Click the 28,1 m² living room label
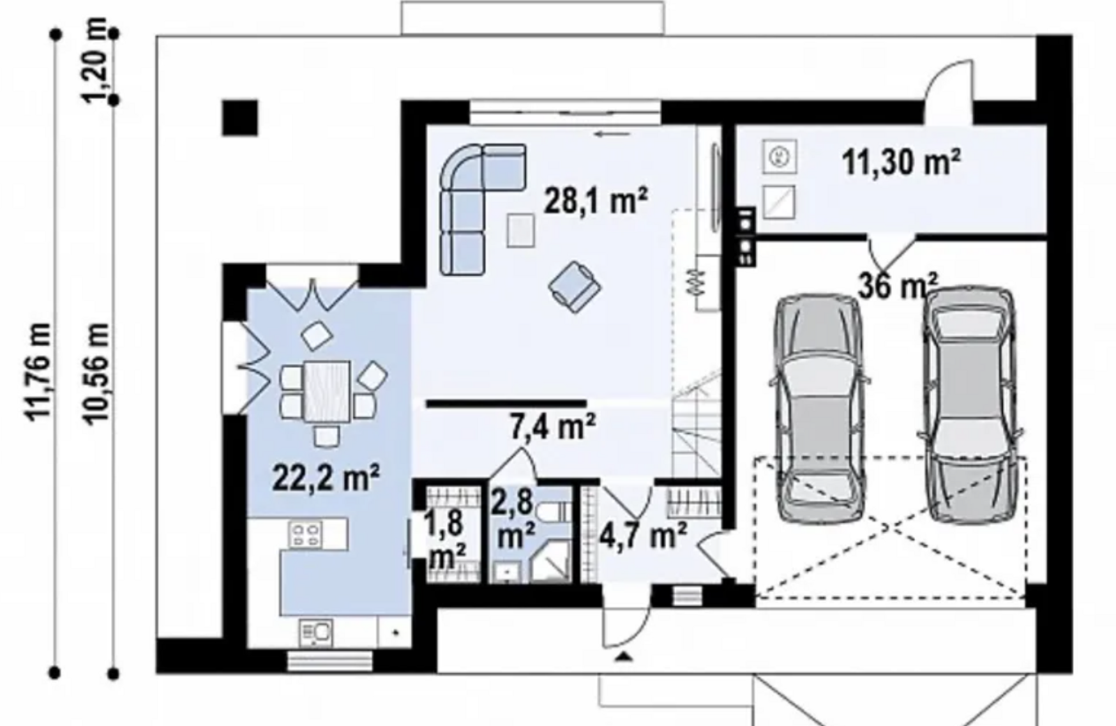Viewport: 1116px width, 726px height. pos(596,202)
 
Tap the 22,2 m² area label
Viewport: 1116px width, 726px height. pos(326,477)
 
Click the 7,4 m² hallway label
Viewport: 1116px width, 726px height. pos(553,427)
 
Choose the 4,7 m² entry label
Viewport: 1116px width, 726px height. pos(643,535)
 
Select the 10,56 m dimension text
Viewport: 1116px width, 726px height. pos(96,375)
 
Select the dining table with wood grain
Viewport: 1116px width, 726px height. pos(327,392)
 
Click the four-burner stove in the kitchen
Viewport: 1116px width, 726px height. pos(306,535)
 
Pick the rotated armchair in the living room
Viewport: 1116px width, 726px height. pos(575,287)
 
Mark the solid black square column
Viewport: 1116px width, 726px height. pos(240,118)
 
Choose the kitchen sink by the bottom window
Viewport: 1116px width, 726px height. pos(316,633)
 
